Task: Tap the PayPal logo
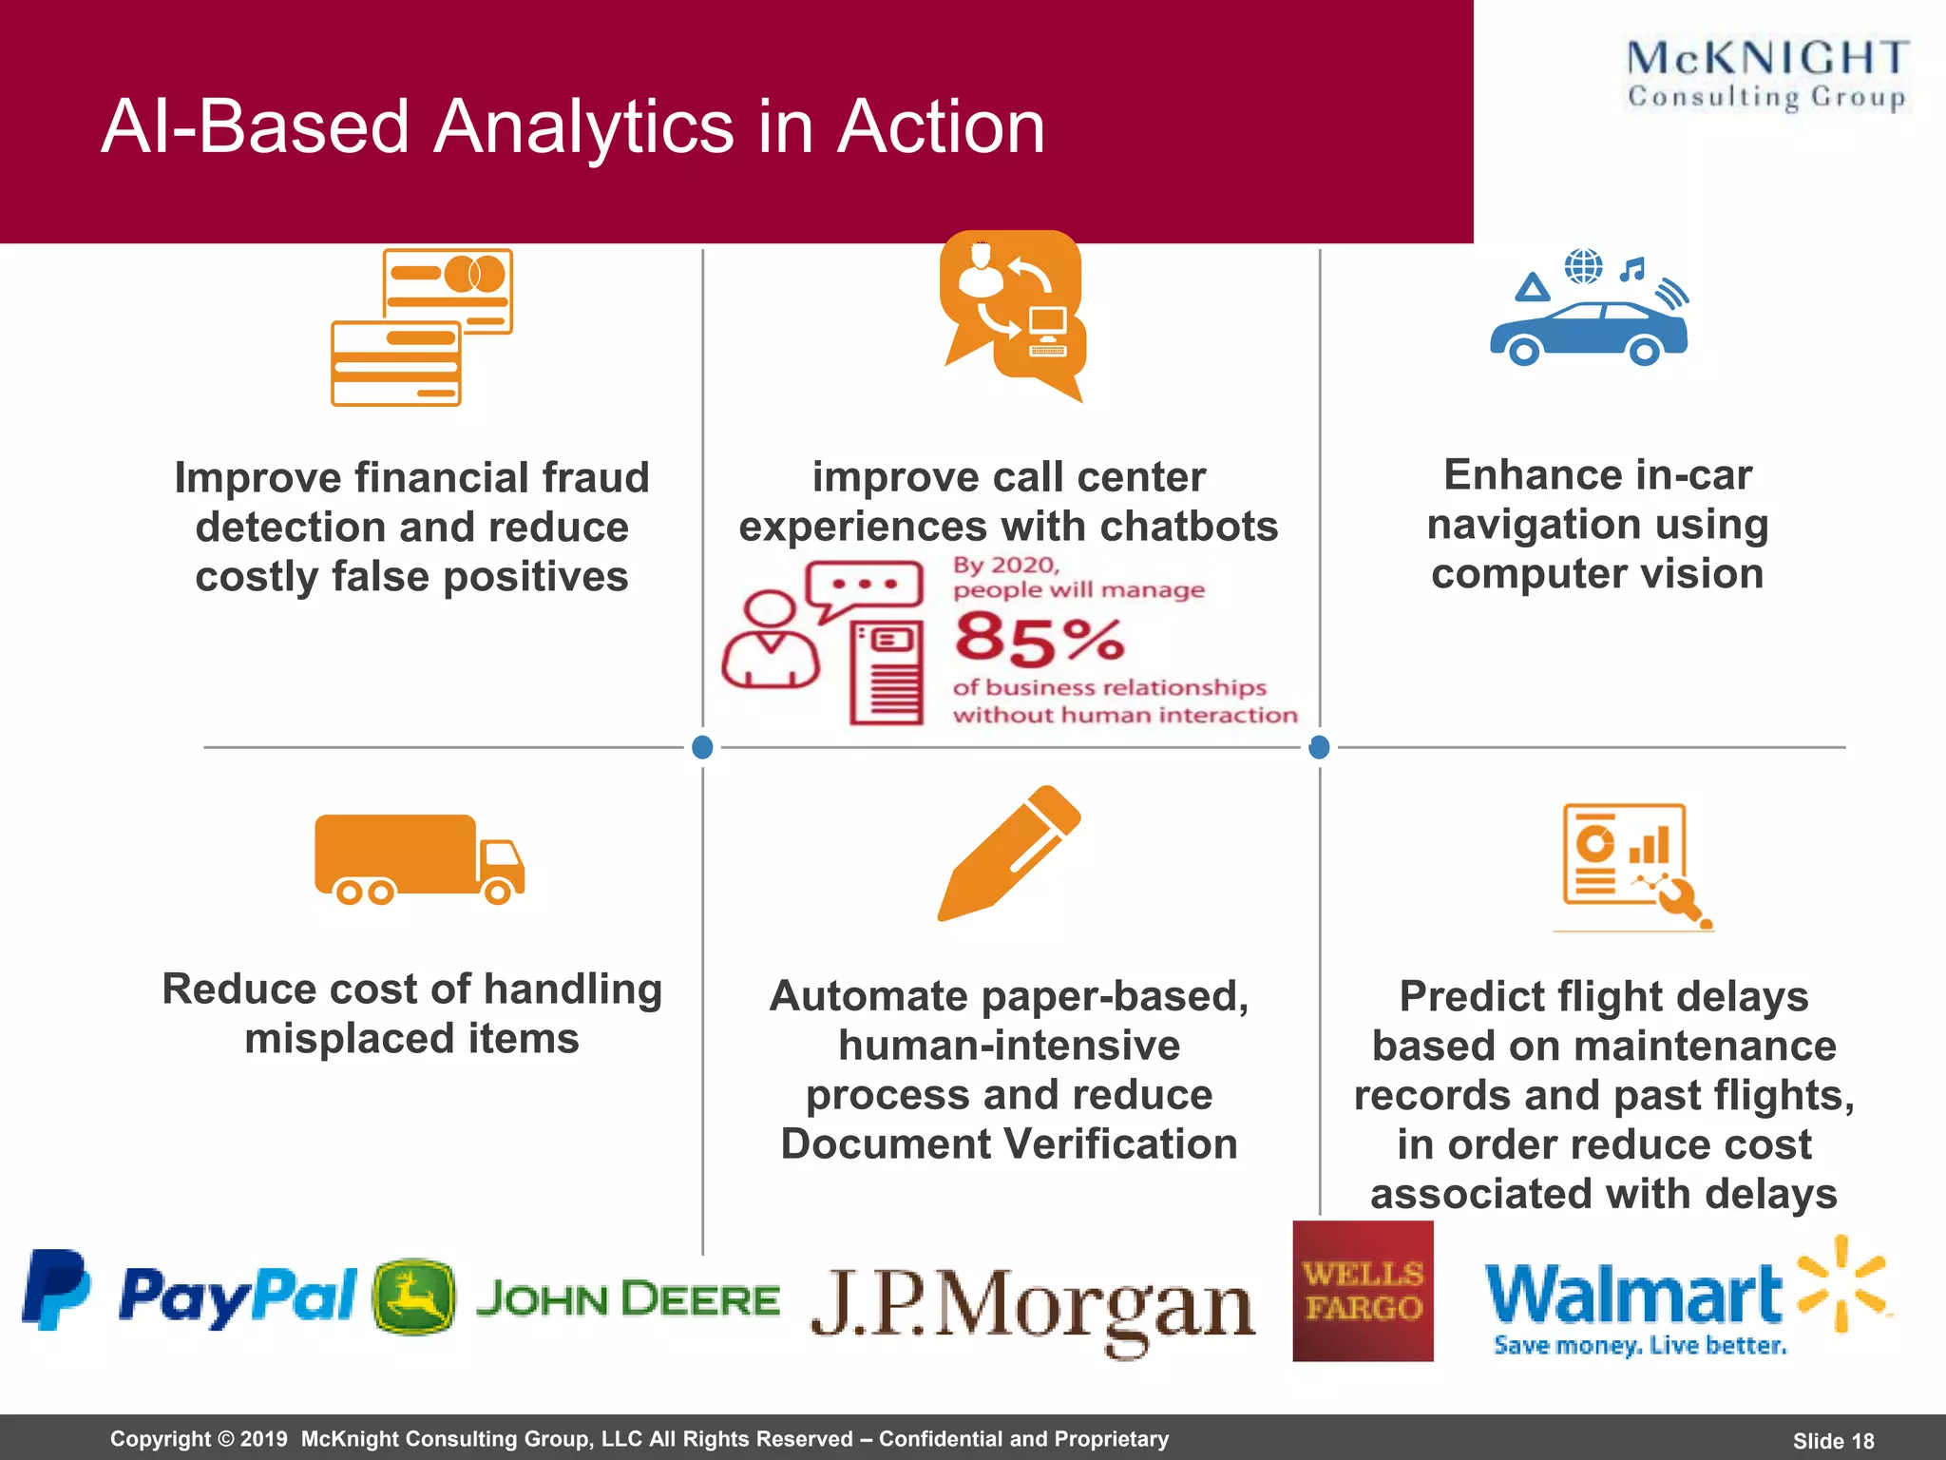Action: tap(190, 1294)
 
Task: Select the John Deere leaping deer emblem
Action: tap(413, 1297)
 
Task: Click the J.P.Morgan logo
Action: tap(1033, 1306)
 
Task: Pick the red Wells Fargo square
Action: tap(1363, 1291)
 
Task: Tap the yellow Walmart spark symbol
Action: tap(1842, 1282)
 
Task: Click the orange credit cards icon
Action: tap(421, 327)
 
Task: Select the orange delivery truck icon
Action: tap(419, 859)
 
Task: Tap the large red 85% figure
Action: tap(1040, 639)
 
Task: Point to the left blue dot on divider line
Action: tap(703, 747)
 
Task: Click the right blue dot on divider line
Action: tap(1319, 747)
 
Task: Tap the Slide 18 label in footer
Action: tap(1833, 1441)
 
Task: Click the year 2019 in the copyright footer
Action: tap(263, 1439)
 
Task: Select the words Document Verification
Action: tap(1009, 1143)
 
